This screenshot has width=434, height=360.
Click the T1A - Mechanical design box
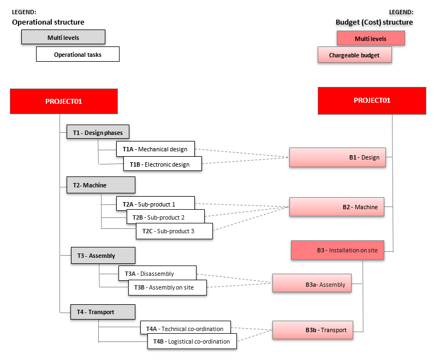155,149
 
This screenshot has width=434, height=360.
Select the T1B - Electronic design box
163,164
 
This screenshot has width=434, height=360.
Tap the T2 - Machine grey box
101,185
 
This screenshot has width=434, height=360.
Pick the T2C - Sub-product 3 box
174,231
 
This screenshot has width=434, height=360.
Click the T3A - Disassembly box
157,273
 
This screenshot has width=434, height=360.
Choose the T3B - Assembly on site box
168,287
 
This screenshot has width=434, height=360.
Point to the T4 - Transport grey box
103,312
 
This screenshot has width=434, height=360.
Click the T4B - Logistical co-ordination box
192,341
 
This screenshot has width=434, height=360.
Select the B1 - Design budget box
337,157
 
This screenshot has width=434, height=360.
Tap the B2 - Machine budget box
337,207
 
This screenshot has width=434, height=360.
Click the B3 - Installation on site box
337,250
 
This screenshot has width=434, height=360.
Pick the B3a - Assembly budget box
312,284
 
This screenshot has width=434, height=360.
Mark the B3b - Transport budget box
313,330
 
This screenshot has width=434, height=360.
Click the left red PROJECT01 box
64,102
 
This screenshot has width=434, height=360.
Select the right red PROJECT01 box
372,101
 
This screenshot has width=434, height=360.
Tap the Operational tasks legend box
78,54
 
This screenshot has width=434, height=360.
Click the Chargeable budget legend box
354,55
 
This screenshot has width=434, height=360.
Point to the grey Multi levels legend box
63,37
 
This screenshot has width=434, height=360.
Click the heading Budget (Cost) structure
374,22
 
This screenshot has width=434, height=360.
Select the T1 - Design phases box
98,132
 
